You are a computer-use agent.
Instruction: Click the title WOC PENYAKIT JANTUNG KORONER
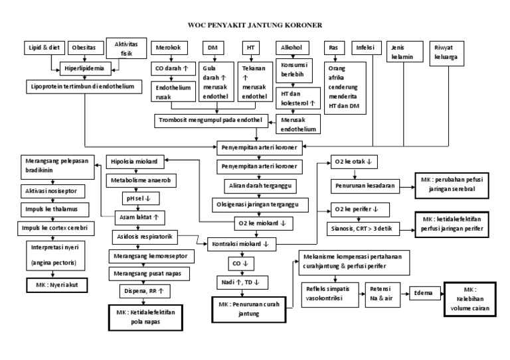point(255,26)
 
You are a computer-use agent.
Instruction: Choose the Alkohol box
point(290,48)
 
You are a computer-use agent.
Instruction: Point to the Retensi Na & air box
point(382,292)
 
